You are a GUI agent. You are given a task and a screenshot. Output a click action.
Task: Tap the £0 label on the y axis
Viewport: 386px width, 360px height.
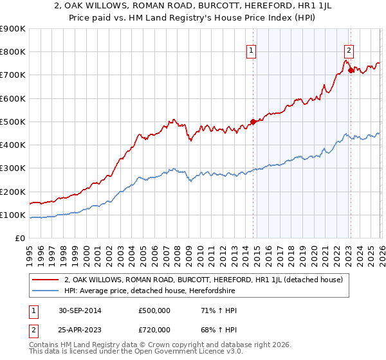point(19,239)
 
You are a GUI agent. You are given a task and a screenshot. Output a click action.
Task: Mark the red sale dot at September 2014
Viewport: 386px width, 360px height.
point(253,122)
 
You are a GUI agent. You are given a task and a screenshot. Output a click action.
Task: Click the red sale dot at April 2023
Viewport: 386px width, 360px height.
point(351,70)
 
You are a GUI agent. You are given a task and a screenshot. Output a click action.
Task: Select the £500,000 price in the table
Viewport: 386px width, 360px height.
point(154,310)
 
